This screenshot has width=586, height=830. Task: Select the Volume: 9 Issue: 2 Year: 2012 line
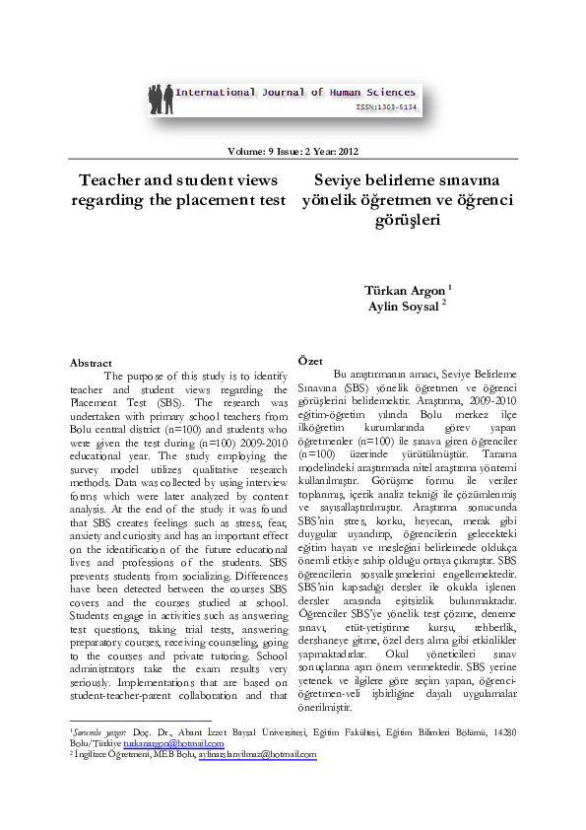[x=293, y=151]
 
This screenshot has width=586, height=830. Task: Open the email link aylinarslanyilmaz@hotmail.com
[x=257, y=754]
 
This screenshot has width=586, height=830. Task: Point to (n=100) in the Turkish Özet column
[x=316, y=453]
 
